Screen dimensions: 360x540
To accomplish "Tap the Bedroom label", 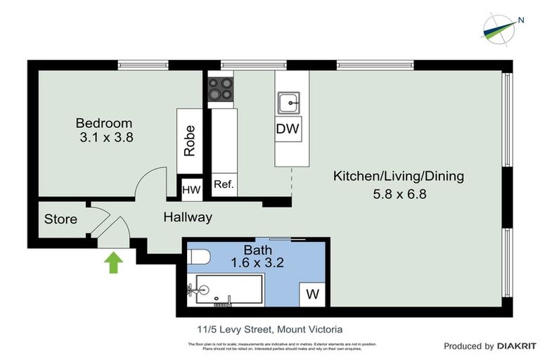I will (103, 124).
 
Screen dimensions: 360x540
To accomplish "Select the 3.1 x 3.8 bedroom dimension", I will (106, 138).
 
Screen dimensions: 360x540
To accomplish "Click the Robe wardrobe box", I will (189, 141).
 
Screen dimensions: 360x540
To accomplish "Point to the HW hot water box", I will (191, 188).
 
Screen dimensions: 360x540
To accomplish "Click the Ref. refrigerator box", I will (223, 186).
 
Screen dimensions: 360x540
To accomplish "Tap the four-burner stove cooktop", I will (220, 89).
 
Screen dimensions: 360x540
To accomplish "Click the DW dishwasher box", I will (288, 129).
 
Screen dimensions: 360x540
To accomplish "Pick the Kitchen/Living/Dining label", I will (398, 176).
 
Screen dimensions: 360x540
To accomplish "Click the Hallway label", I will (188, 217).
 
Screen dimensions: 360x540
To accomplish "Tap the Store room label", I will (60, 219).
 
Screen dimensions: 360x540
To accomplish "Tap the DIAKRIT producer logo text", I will (517, 346).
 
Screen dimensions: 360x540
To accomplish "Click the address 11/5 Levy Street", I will (236, 328).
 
